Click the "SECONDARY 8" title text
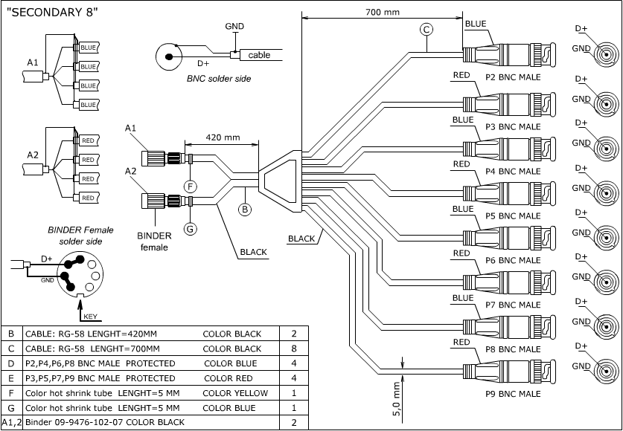point(51,13)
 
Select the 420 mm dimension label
point(223,137)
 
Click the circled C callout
point(426,30)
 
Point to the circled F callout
point(191,185)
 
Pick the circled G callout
point(191,229)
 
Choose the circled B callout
point(245,210)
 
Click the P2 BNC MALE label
point(513,77)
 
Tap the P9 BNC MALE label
point(513,393)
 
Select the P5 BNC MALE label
point(513,215)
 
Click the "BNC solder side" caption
point(219,78)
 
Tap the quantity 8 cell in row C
point(294,348)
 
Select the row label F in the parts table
point(12,392)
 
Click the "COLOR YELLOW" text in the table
point(237,392)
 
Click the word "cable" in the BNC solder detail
point(259,55)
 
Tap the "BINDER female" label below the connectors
point(154,241)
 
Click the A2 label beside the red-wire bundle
point(33,155)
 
